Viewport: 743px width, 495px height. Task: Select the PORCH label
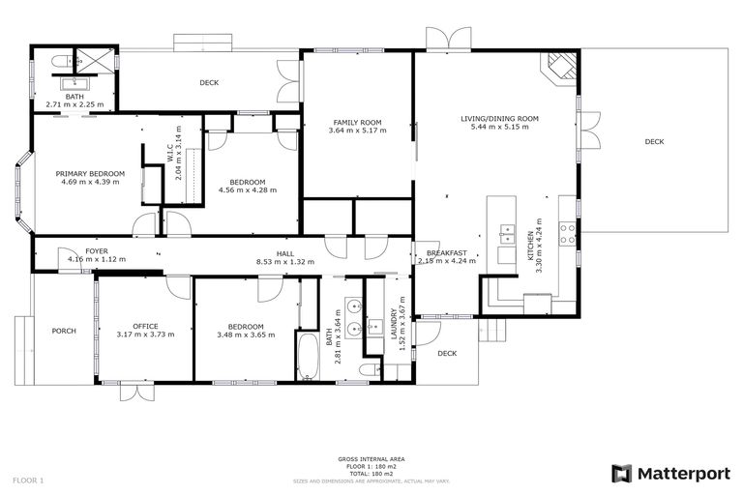pos(64,332)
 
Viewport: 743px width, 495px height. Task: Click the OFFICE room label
pos(145,326)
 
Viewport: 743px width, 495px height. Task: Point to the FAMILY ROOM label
pos(357,123)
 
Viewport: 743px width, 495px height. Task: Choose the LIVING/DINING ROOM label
pos(498,119)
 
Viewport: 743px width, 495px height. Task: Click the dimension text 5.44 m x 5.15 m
pos(498,128)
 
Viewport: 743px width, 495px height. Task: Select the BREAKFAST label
pos(446,252)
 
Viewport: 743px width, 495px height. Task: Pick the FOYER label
pos(97,251)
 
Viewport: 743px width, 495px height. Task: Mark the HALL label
pos(285,253)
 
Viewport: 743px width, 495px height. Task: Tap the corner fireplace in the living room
pos(562,66)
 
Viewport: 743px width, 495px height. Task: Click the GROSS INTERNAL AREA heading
pos(371,458)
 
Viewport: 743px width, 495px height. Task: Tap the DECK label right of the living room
pos(654,142)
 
